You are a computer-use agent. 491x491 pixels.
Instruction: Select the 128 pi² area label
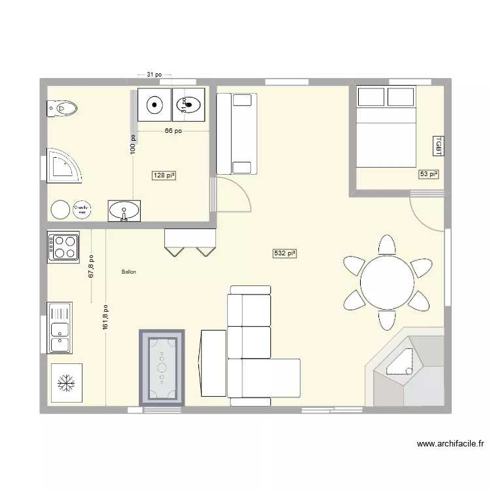pos(164,175)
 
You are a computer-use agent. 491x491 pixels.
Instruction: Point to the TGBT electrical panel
pos(438,146)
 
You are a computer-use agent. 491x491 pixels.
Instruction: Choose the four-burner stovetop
pos(64,246)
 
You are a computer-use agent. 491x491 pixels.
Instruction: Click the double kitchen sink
pos(64,327)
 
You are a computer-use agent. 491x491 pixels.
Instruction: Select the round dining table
pos(386,282)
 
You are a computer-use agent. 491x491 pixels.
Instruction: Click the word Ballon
pos(128,272)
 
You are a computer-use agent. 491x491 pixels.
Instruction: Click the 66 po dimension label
pos(173,131)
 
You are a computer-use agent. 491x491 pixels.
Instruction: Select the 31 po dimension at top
pos(155,75)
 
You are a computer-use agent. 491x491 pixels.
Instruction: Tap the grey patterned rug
pos(162,367)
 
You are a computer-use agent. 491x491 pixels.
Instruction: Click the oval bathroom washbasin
pos(124,211)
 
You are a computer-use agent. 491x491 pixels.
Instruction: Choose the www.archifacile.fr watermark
pos(450,444)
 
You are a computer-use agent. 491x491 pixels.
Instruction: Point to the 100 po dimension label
pos(133,144)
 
